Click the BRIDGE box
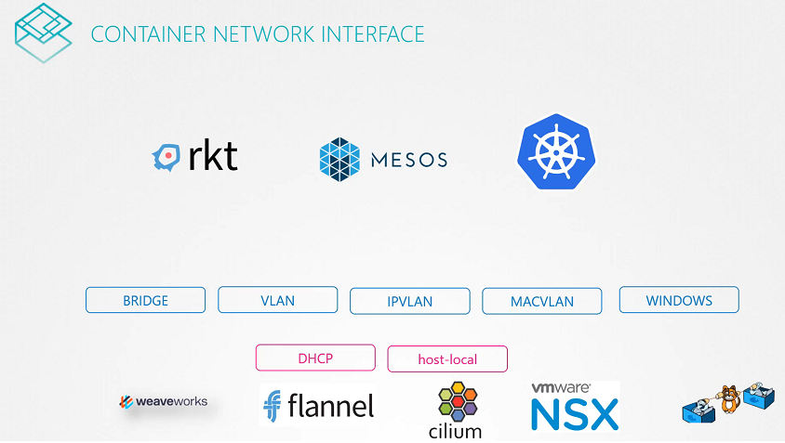tap(145, 301)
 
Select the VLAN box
tap(277, 300)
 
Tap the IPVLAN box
tap(409, 302)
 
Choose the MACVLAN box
tap(541, 302)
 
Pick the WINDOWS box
tap(679, 300)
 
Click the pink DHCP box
tap(315, 358)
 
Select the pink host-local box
tap(447, 358)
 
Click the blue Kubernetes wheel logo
tap(556, 151)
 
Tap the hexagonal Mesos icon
tap(339, 158)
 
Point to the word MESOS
tap(408, 159)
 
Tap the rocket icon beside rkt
tap(166, 158)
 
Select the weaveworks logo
tap(164, 402)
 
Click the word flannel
tap(331, 406)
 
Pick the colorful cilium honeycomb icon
tap(456, 401)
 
